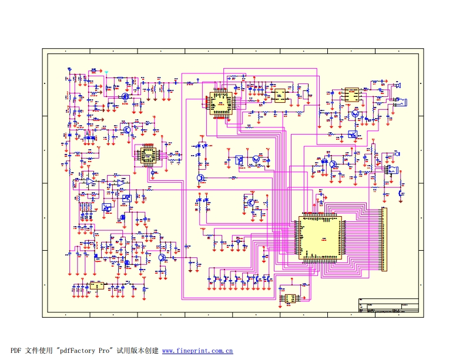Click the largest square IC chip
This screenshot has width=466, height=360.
[x=320, y=238]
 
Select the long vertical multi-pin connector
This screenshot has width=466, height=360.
[x=385, y=239]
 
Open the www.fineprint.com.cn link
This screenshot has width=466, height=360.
[x=197, y=351]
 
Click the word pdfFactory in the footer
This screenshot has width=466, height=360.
[x=76, y=351]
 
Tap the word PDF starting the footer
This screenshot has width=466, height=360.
[x=16, y=351]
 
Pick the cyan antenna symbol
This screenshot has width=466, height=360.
[x=106, y=73]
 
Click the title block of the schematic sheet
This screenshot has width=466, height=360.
[x=388, y=307]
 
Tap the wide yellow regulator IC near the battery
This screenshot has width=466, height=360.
[x=96, y=286]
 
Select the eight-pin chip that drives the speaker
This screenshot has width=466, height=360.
[x=351, y=93]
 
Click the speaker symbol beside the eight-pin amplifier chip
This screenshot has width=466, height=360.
[x=397, y=86]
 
